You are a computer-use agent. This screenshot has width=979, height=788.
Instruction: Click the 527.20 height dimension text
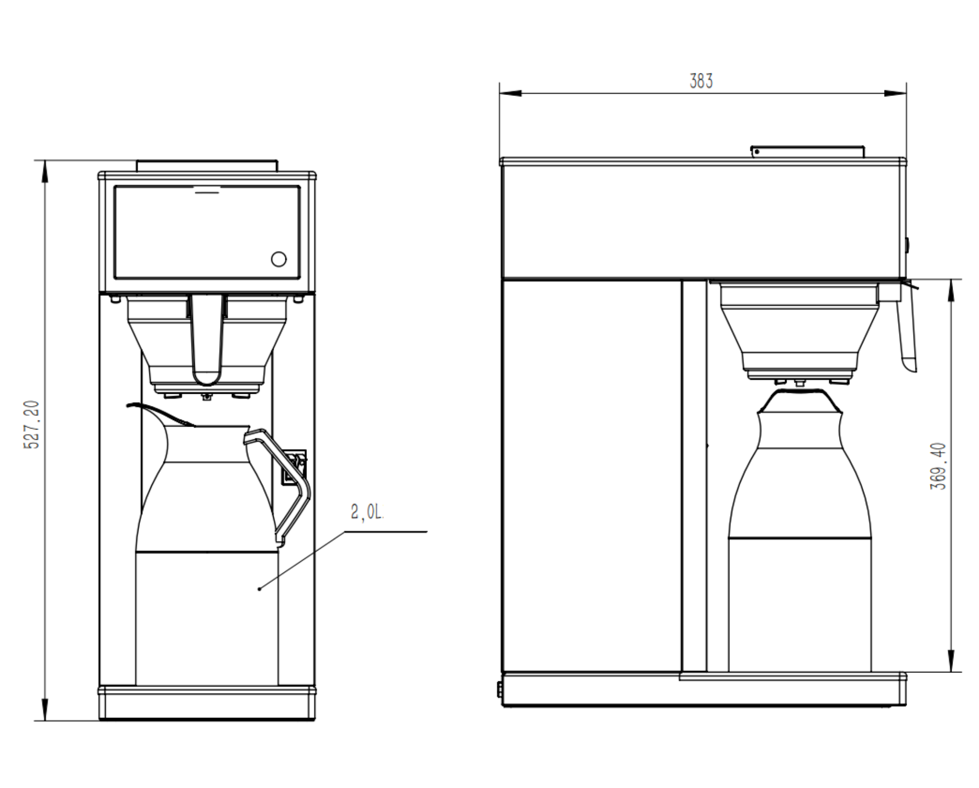[x=32, y=424]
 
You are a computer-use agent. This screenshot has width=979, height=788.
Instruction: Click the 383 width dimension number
[x=701, y=81]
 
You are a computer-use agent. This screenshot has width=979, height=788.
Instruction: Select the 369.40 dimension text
[x=938, y=466]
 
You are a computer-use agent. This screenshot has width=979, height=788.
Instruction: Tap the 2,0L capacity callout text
[x=367, y=512]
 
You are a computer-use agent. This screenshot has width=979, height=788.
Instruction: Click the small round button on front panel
[x=279, y=259]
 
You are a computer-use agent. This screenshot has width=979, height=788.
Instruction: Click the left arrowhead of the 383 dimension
[x=509, y=93]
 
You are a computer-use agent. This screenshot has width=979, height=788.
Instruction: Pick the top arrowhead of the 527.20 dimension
[x=45, y=171]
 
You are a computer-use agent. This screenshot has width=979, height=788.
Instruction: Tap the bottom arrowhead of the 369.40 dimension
[x=951, y=661]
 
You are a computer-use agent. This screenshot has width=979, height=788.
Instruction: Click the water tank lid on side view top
[x=808, y=152]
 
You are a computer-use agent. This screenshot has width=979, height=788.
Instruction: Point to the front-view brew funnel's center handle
[x=207, y=338]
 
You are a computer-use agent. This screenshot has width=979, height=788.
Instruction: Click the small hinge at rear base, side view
[x=499, y=689]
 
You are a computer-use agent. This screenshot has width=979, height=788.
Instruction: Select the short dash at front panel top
[x=207, y=192]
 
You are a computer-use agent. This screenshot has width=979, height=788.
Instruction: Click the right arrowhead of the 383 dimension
[x=896, y=93]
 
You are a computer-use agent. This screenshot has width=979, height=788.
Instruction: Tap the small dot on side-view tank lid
[x=757, y=152]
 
